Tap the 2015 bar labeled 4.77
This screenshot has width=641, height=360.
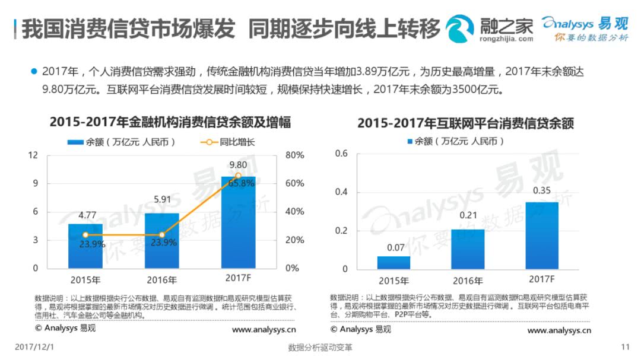point(85,246)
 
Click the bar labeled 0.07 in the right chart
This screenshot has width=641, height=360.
point(394,262)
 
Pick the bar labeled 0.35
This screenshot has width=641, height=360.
point(542,235)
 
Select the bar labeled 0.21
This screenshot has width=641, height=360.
point(468,249)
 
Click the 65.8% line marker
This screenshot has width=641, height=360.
point(238,176)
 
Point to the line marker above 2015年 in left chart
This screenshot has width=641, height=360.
point(85,235)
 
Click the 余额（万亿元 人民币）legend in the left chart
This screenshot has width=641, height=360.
point(121,142)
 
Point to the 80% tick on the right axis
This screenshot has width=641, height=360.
point(294,155)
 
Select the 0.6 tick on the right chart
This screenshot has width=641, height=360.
point(341,154)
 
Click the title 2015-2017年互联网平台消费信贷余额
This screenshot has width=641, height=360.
point(465,123)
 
